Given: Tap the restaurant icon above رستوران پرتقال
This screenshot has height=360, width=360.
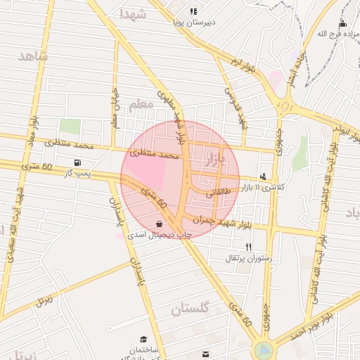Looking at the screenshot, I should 248,247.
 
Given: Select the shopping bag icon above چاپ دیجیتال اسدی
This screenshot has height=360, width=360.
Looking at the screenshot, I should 160,224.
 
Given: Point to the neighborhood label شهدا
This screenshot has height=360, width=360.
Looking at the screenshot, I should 133,14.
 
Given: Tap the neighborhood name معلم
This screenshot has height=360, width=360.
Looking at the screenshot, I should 141,104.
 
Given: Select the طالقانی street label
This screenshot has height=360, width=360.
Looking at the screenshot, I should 219,191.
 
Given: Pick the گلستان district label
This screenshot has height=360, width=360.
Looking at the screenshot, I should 191,309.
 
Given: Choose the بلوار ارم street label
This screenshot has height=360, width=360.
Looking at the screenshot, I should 243,68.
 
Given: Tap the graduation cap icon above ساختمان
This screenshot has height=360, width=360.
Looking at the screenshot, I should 144,339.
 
